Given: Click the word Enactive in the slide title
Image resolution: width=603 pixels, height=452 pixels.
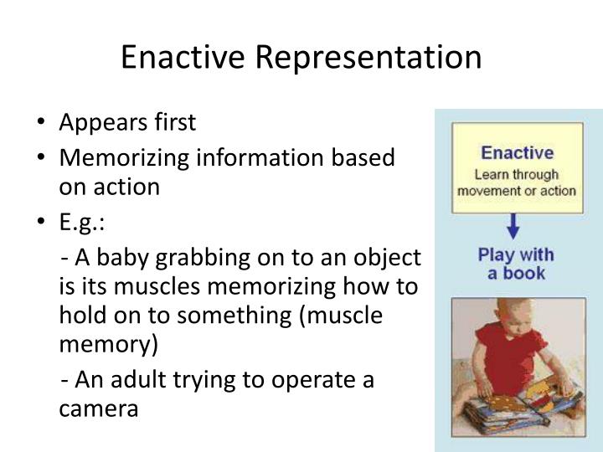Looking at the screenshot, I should click(183, 57).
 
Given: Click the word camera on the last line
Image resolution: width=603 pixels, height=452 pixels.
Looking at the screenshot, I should click(98, 409).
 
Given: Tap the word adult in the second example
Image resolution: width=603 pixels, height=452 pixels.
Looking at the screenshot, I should click(135, 380).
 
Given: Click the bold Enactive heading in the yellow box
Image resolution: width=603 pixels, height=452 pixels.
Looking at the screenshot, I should click(517, 152).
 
